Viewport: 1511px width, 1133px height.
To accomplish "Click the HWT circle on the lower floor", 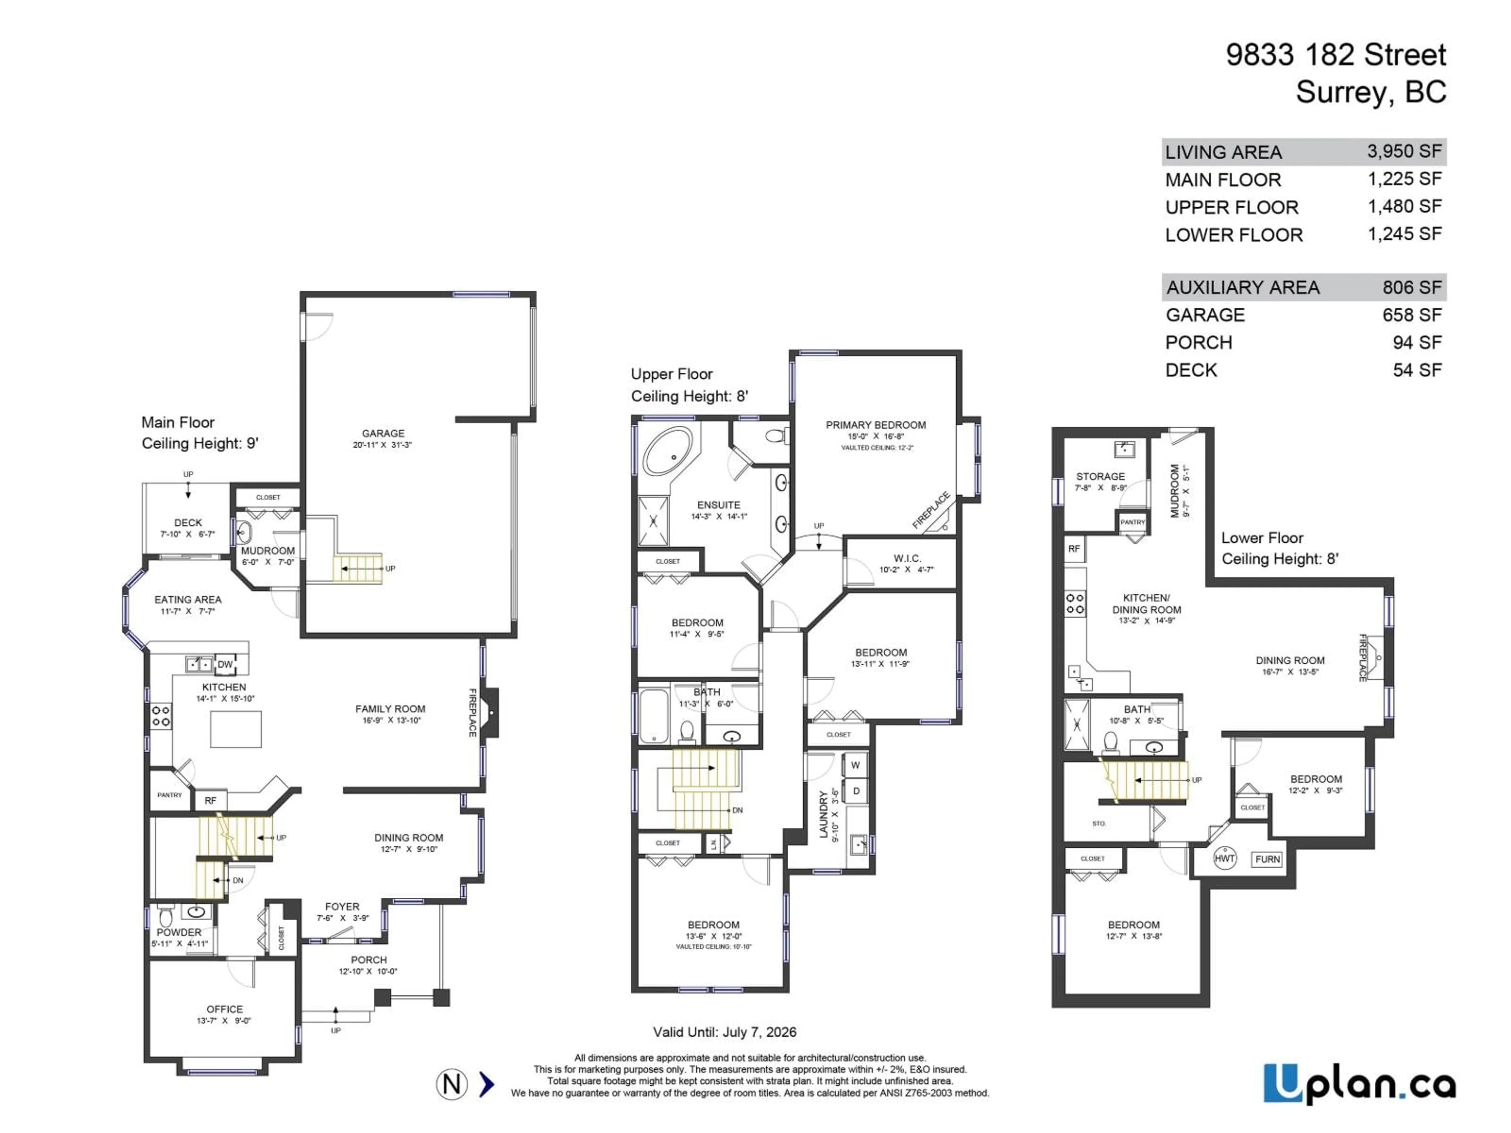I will [x=1224, y=858].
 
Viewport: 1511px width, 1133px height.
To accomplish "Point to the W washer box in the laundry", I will [x=855, y=765].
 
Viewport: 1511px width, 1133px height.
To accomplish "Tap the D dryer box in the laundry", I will [x=855, y=791].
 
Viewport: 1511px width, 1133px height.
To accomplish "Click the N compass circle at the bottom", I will [x=451, y=1084].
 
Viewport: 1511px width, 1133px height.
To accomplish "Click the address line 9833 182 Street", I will [x=1336, y=55].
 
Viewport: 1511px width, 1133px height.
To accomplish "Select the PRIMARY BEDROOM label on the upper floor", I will [x=876, y=425].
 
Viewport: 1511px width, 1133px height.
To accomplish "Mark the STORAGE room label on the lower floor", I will [x=1100, y=476].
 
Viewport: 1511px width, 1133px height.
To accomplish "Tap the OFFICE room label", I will [x=225, y=1009].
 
